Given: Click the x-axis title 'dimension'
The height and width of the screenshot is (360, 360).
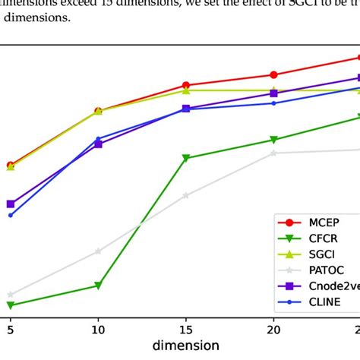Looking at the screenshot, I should pos(186,346).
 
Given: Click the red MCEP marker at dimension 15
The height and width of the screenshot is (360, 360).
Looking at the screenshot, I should pos(186,86).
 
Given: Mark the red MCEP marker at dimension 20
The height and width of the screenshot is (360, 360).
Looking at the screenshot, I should pos(273,75).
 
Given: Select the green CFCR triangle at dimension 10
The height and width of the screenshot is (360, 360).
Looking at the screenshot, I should pos(98,286).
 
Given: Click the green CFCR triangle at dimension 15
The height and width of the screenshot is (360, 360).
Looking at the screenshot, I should pos(186,159).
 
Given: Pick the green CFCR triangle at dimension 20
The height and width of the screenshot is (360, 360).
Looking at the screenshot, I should pos(273,140).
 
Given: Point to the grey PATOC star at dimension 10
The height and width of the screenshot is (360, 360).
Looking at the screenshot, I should pos(98,251).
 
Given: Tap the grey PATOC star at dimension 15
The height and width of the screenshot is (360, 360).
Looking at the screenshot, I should pos(186,195).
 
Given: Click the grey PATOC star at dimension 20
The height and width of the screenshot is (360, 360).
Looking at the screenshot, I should pos(273,153).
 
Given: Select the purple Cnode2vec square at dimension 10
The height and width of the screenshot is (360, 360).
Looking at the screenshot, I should pos(98,144).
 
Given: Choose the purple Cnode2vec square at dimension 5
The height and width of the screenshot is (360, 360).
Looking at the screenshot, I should pos(10,204).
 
